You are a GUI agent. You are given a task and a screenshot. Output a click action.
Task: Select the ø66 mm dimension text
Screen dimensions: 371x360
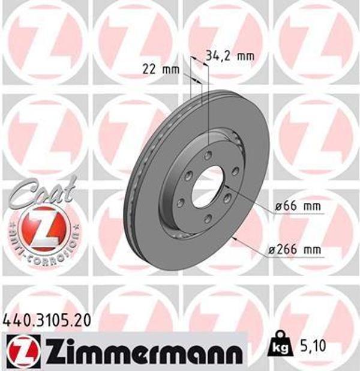click(x=298, y=207)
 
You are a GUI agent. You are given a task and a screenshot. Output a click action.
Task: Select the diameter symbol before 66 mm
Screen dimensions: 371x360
click(x=279, y=207)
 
